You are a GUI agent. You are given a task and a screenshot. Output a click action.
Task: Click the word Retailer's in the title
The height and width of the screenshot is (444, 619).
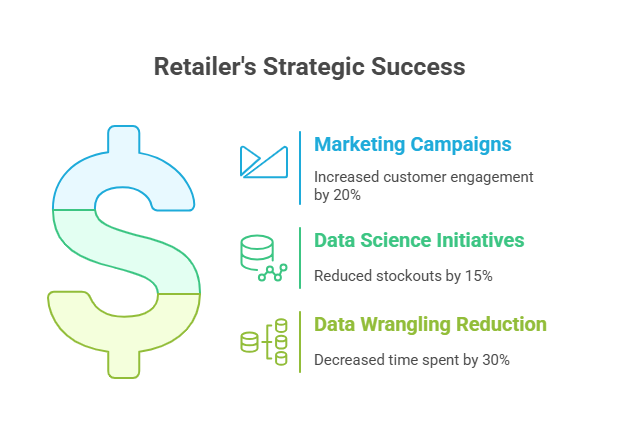(205, 66)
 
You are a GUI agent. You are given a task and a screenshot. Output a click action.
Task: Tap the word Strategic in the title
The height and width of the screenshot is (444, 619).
(313, 67)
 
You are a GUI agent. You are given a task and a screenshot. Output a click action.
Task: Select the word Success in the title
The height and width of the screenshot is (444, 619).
(418, 67)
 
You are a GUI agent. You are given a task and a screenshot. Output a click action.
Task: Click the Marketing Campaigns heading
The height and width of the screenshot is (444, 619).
(413, 145)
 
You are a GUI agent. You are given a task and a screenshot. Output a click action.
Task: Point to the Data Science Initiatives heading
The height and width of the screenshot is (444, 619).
(419, 240)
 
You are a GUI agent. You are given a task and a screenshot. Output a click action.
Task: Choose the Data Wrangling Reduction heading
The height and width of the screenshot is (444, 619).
(430, 325)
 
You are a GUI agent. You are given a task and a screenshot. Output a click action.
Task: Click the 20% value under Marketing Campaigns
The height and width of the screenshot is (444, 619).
(347, 195)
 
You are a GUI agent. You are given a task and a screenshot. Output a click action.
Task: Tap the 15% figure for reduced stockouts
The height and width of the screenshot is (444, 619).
(479, 276)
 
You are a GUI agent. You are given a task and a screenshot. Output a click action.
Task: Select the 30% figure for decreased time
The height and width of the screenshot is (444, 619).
(496, 360)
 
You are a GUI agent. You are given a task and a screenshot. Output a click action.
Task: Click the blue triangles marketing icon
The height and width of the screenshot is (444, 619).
(264, 162)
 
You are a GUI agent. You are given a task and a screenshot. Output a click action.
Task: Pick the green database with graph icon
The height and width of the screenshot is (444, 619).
(263, 258)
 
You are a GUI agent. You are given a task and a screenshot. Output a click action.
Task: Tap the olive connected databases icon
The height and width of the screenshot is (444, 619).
(264, 342)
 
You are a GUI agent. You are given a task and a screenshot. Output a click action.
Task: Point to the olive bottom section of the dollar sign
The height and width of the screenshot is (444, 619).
(123, 335)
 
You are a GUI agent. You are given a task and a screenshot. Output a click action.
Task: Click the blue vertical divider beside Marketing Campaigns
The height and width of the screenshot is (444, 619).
(300, 168)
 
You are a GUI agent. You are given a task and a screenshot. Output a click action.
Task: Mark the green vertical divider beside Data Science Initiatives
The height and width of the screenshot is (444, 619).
(300, 258)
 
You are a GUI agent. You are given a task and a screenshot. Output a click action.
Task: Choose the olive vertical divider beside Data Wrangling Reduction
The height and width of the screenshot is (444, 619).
(300, 342)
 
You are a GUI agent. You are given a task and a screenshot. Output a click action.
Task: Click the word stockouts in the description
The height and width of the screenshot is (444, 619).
(409, 276)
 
